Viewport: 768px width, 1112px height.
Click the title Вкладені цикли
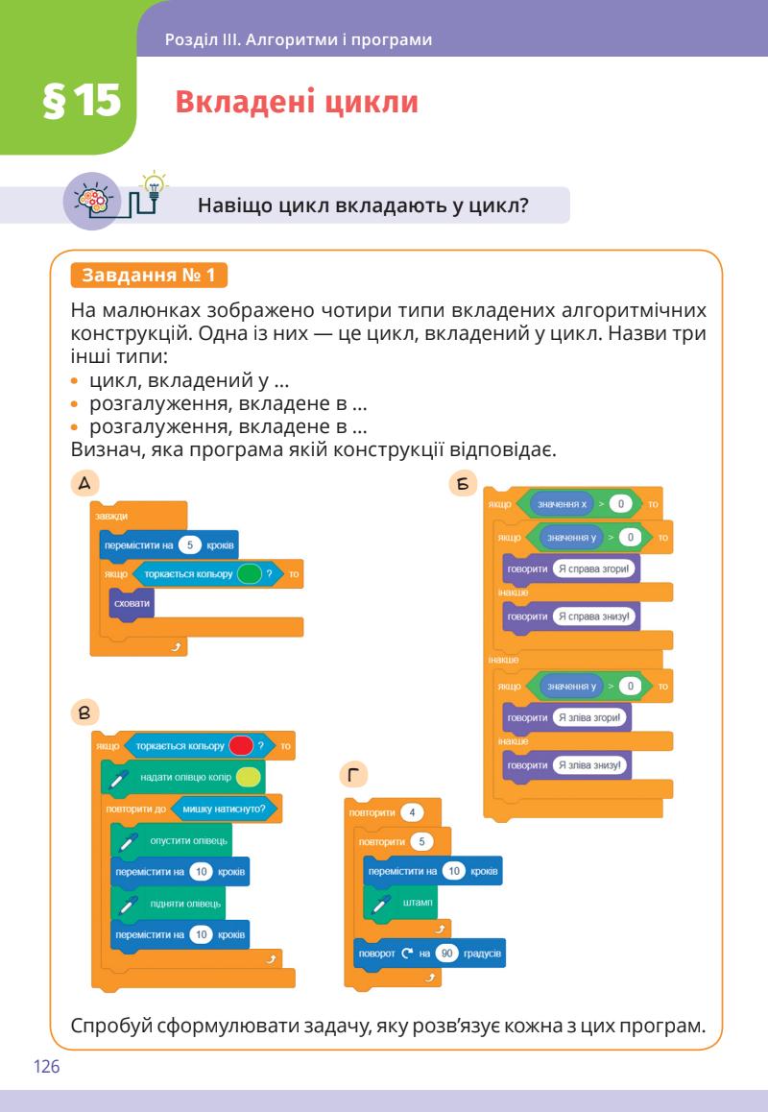pos(297,103)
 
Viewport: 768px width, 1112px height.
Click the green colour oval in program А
pos(249,573)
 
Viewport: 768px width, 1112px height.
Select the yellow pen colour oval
pos(246,777)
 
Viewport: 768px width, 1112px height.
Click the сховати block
pos(132,604)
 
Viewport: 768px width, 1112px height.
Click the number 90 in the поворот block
pos(445,953)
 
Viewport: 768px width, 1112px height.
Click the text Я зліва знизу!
pos(590,764)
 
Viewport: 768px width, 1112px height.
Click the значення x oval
pos(563,504)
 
